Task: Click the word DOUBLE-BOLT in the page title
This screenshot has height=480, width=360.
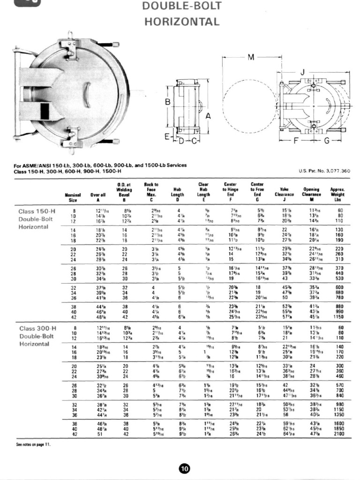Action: point(180,7)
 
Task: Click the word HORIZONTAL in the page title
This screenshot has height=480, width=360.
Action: point(180,22)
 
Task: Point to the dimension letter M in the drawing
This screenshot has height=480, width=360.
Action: point(251,57)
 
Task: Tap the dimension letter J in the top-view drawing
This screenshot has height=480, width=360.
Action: point(302,72)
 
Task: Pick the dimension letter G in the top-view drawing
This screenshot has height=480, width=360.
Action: point(327,140)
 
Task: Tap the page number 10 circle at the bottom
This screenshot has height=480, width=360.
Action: point(184,468)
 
